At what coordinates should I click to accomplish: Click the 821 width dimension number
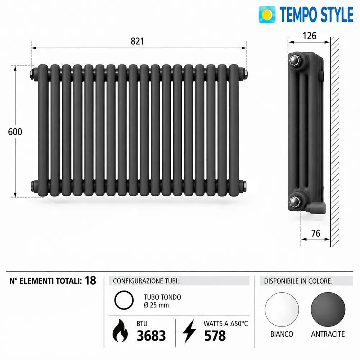(137, 41)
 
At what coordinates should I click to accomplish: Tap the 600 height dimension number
(15, 132)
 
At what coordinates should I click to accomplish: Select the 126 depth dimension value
(309, 36)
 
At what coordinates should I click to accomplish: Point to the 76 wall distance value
(316, 233)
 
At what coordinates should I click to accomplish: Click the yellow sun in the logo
(267, 14)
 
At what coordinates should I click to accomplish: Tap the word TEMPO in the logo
(298, 14)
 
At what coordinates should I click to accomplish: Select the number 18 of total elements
(90, 280)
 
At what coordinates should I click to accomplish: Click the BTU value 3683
(151, 336)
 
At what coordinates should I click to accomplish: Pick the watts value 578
(215, 336)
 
